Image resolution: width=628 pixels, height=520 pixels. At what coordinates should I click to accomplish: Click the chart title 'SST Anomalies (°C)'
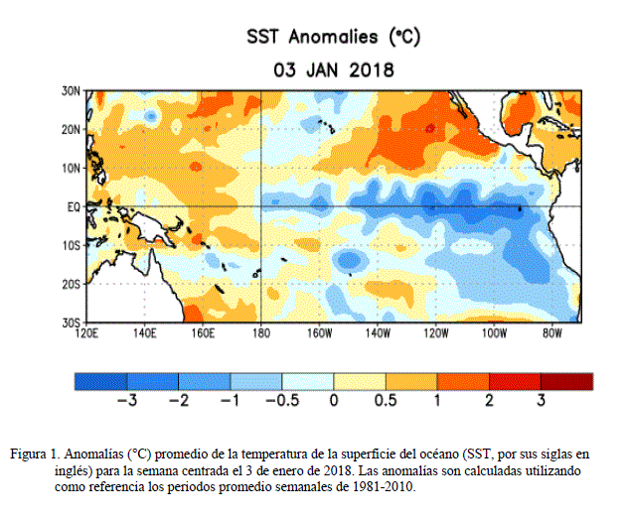[x=333, y=37]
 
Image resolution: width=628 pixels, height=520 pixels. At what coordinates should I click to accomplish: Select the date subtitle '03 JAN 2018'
[x=333, y=70]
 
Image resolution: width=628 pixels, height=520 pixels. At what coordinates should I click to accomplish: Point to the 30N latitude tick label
[x=70, y=90]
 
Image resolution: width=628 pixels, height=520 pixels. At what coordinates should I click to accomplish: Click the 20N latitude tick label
[x=70, y=129]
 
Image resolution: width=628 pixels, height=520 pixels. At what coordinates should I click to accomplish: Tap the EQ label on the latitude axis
[x=72, y=206]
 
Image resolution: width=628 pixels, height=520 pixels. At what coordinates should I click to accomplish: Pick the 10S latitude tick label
[x=70, y=245]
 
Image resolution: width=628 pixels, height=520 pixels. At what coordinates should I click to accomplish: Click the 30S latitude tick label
[x=70, y=323]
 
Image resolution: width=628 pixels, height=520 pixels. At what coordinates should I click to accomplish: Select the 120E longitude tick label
[x=86, y=333]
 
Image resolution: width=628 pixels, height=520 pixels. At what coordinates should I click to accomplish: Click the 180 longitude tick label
[x=260, y=333]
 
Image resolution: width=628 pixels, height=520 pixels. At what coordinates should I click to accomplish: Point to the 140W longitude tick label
[x=377, y=333]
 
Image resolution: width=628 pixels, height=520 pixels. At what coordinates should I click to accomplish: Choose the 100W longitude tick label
[x=493, y=333]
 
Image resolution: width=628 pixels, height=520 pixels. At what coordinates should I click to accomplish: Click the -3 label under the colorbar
[x=126, y=401]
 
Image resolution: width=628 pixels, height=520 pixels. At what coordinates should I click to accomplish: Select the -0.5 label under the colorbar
[x=281, y=401]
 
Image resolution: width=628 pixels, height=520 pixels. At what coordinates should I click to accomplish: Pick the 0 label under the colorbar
[x=334, y=401]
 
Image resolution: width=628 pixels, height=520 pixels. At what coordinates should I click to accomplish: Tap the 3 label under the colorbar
[x=541, y=401]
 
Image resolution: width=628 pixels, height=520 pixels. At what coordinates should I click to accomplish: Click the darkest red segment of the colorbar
[x=566, y=381]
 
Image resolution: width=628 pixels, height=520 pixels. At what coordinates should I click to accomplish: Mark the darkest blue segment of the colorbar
[x=100, y=381]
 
